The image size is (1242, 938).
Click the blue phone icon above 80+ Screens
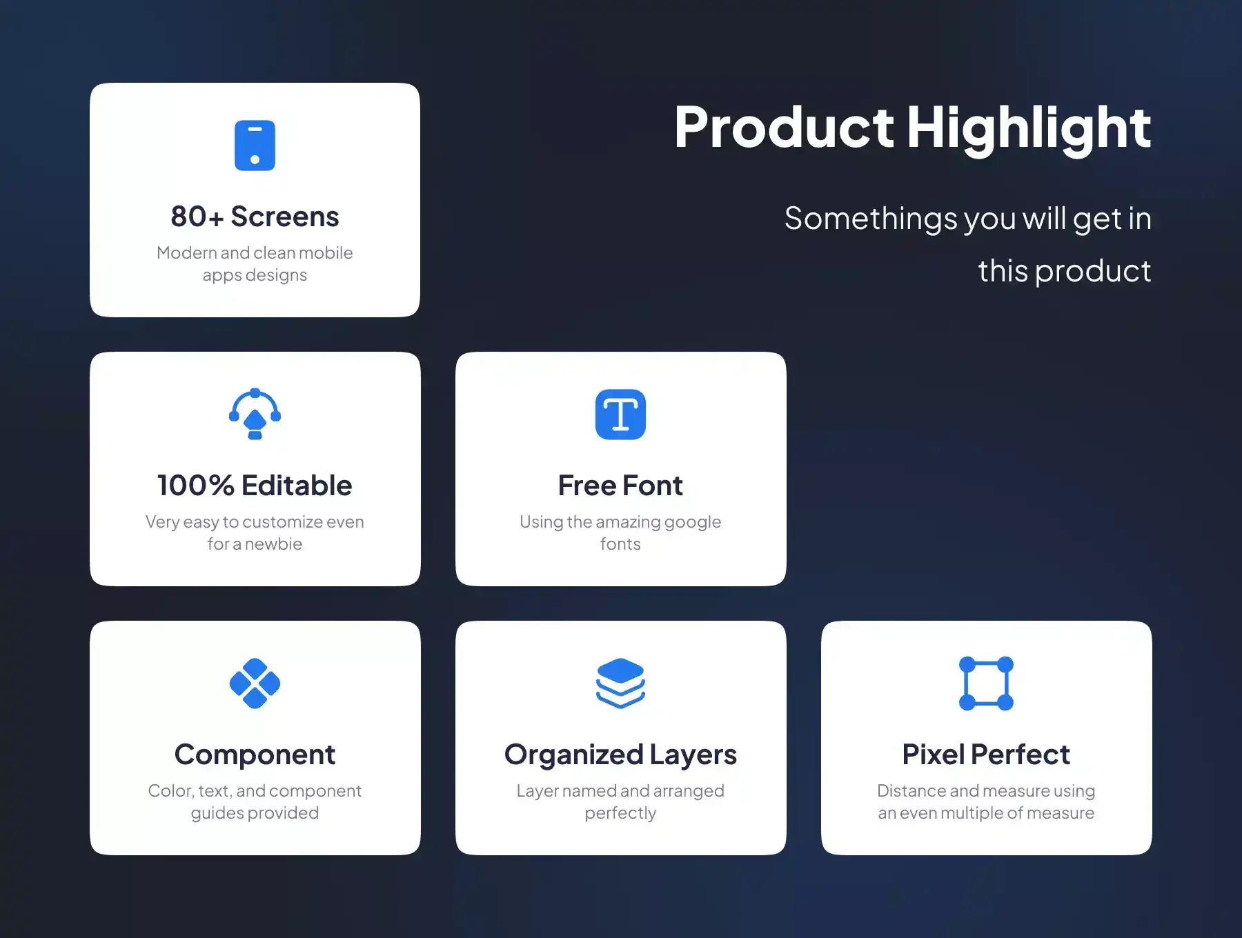255,146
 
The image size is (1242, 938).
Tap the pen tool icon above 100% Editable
255,414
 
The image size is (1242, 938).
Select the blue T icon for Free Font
620,415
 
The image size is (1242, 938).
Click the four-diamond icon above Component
255,683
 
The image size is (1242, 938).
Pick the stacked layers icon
620,683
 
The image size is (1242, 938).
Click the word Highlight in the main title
1029,128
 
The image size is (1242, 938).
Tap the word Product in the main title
785,128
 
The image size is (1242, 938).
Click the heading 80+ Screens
255,217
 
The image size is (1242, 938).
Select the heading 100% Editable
255,486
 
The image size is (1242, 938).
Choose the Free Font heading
620,486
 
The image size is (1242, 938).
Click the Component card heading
255,755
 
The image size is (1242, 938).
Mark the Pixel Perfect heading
986,755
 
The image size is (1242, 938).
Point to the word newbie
273,544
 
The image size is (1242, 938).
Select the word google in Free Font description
693,523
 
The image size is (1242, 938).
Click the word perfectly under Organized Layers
620,814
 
